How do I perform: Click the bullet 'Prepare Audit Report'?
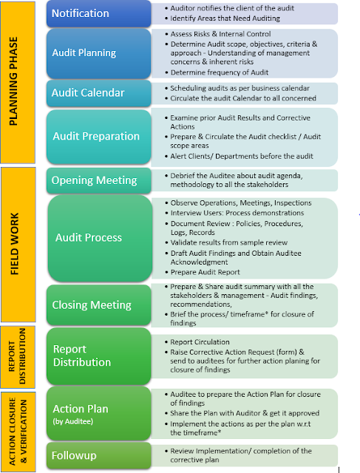tap(203, 272)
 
